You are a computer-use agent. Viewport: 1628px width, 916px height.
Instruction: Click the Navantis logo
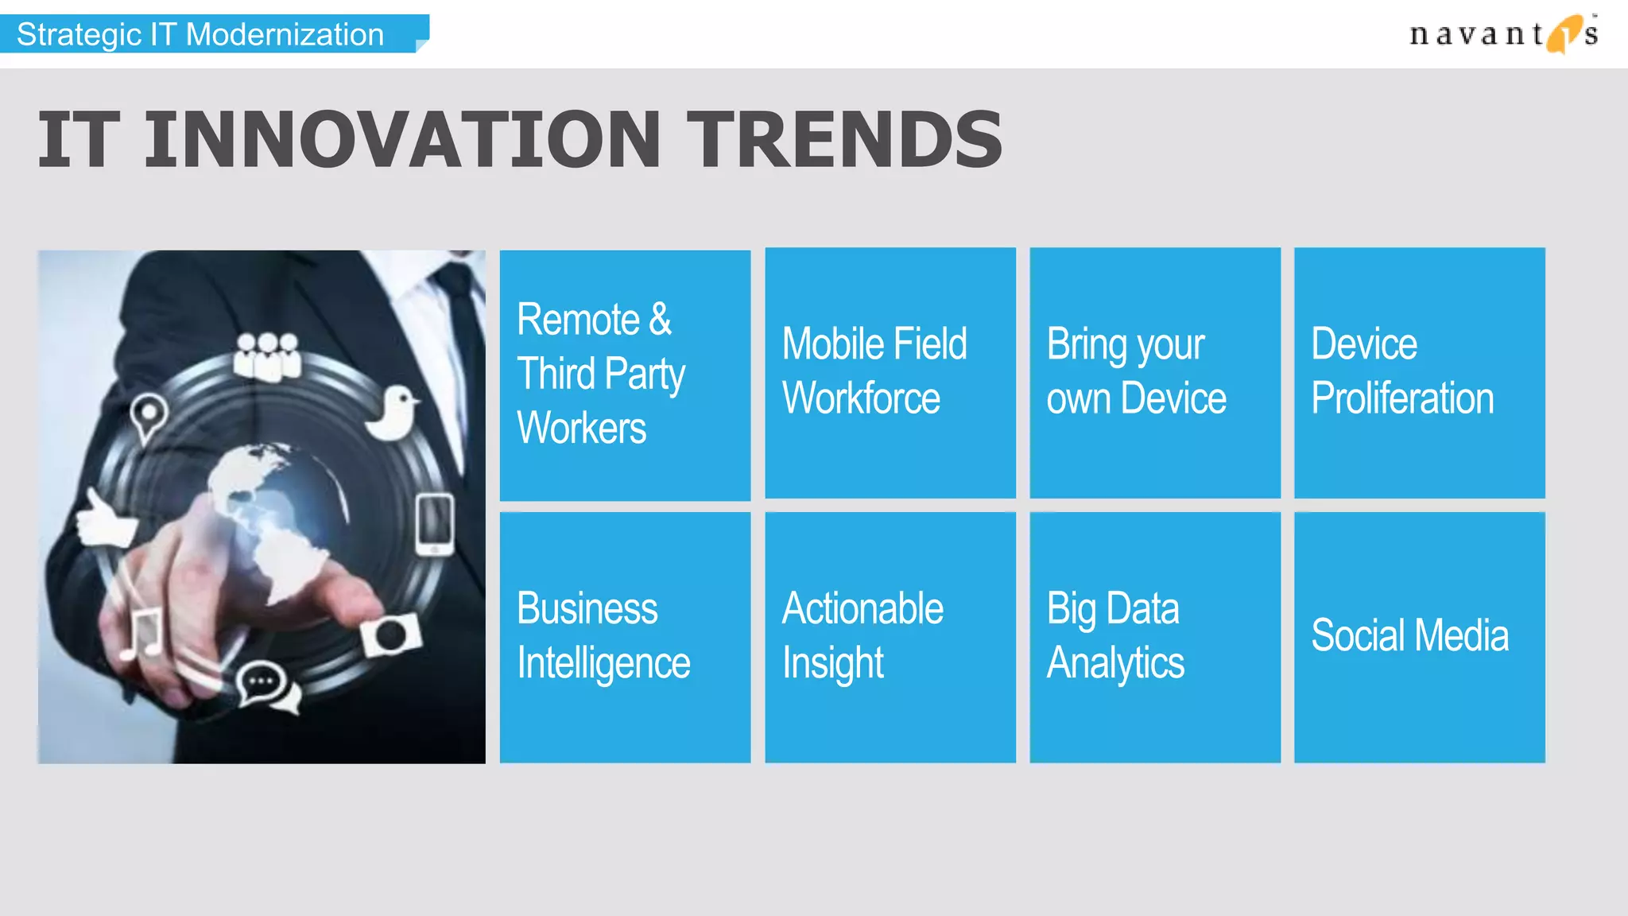click(x=1502, y=34)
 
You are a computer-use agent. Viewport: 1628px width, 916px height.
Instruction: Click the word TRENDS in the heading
click(x=844, y=141)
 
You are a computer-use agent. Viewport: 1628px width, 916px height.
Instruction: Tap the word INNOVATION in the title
click(x=402, y=141)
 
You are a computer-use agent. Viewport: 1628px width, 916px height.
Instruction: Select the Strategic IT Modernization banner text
click(x=200, y=35)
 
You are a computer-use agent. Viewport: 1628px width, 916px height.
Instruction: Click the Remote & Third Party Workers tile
click(x=625, y=375)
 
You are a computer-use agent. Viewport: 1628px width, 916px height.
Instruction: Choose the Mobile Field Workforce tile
click(x=890, y=373)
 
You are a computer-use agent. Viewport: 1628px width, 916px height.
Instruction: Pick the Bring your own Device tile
click(x=1155, y=373)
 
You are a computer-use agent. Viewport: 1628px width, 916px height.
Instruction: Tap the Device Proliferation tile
click(x=1420, y=373)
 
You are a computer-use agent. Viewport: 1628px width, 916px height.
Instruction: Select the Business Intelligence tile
click(x=625, y=637)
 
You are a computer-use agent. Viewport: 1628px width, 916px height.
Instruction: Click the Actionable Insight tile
click(x=890, y=637)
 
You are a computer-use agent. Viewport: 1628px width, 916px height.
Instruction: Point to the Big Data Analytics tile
click(x=1155, y=637)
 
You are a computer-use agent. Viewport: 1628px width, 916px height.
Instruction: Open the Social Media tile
click(x=1420, y=637)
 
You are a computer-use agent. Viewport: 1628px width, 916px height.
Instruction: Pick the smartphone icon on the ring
click(x=435, y=525)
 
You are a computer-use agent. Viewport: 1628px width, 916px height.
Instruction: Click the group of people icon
click(x=267, y=355)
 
